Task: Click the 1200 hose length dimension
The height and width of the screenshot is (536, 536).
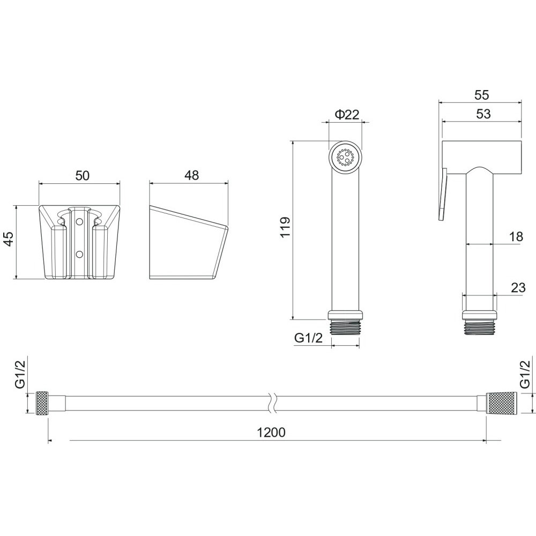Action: [x=271, y=433]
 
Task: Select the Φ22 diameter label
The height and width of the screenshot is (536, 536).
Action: [x=347, y=115]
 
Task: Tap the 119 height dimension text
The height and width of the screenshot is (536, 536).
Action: [x=285, y=227]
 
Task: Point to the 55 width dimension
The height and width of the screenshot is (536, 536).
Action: [x=482, y=95]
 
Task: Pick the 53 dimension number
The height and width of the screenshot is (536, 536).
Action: [x=483, y=114]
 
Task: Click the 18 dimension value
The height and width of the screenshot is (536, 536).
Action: [x=515, y=236]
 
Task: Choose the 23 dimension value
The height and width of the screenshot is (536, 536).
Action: [x=518, y=287]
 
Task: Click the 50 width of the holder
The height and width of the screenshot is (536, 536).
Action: [x=82, y=175]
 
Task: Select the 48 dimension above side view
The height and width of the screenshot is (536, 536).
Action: [x=191, y=175]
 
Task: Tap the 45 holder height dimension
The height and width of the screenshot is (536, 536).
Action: [x=8, y=239]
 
